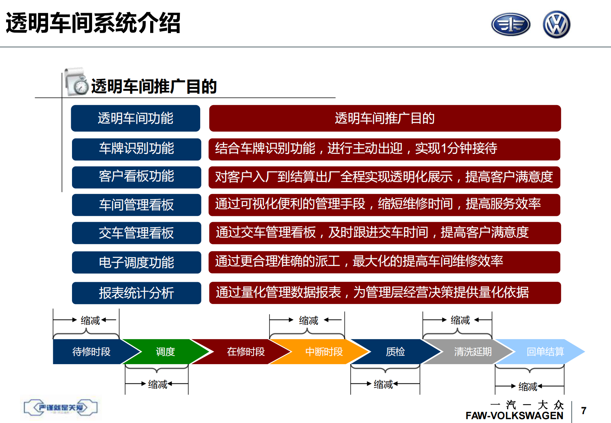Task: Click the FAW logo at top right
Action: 511,25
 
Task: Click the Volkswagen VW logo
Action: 556,25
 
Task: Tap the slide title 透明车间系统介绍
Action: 93,23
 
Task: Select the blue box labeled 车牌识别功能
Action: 136,149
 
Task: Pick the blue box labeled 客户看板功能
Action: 136,177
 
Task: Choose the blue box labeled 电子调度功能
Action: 136,262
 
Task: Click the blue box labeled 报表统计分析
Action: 136,293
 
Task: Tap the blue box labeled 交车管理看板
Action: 136,233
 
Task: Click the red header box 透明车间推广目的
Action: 385,118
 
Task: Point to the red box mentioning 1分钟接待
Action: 384,149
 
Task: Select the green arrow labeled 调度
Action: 165,351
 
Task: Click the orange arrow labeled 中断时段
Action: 323,351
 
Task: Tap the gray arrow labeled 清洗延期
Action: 472,351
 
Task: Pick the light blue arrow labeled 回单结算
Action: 545,351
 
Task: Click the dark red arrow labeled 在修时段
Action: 246,351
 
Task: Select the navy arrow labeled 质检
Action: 395,351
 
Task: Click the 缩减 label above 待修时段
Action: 90,320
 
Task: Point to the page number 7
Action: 583,411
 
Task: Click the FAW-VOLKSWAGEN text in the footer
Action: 514,416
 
